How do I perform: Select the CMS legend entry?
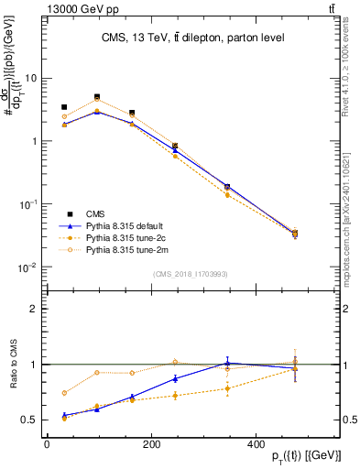95,212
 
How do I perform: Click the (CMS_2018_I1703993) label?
190,273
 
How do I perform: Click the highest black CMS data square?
97,97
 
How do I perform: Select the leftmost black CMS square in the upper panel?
63,107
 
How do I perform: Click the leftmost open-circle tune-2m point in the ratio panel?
63,393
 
